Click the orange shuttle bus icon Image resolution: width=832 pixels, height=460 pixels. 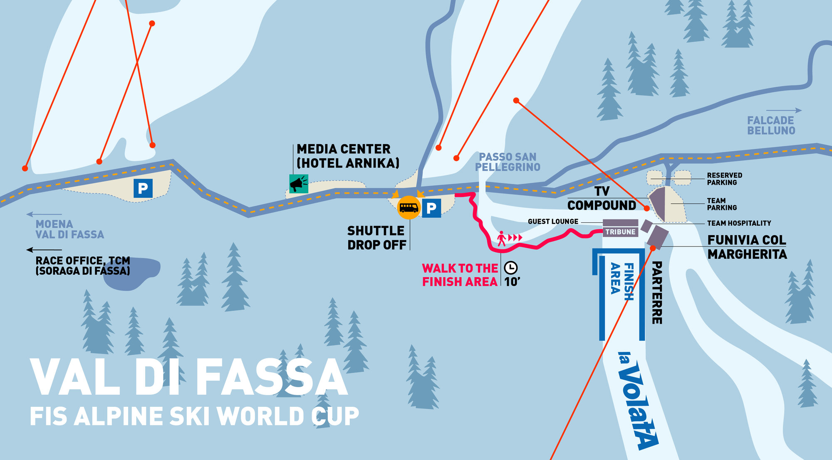409,207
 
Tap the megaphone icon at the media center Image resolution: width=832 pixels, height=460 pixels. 298,184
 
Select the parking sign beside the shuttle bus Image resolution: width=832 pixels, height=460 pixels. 431,208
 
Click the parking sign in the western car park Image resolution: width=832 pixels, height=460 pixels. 143,188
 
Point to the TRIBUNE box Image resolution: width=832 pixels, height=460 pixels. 620,232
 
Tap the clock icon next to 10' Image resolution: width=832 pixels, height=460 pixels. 511,268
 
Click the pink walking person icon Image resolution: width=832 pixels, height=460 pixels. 502,239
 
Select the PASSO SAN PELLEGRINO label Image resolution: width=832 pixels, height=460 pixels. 508,162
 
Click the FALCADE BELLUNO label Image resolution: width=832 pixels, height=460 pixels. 771,125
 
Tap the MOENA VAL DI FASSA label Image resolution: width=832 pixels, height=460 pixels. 69,229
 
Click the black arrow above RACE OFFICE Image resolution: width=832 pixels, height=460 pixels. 44,250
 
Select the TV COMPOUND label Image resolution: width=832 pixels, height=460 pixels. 602,199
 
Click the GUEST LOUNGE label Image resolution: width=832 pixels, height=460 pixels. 553,221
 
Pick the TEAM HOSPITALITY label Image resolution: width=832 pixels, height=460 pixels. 739,223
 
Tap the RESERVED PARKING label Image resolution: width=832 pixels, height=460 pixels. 724,179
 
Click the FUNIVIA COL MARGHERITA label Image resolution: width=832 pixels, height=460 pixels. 747,247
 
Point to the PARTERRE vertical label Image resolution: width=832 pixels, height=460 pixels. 657,293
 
